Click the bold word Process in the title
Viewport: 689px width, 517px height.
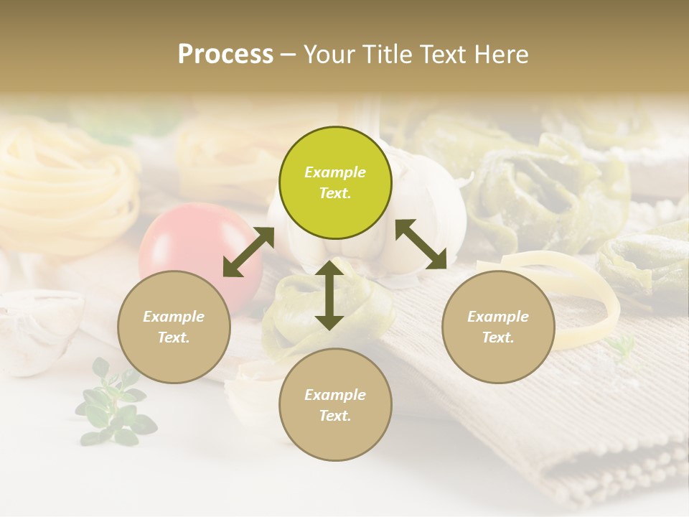(225, 55)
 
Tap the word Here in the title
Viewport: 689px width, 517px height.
(502, 55)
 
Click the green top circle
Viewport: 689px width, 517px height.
(335, 182)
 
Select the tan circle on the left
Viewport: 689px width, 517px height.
(174, 327)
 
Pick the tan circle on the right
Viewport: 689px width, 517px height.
(498, 327)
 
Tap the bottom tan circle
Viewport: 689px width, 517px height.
(335, 405)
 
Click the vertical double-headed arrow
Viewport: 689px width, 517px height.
(329, 295)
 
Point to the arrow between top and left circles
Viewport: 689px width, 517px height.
(248, 252)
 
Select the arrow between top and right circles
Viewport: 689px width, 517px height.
(421, 244)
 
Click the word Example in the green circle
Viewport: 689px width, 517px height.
(335, 172)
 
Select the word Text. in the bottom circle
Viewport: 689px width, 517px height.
(335, 416)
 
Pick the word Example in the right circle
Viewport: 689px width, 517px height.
(498, 317)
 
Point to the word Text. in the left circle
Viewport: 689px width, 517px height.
(174, 337)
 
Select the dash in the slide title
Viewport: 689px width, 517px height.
(289, 55)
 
